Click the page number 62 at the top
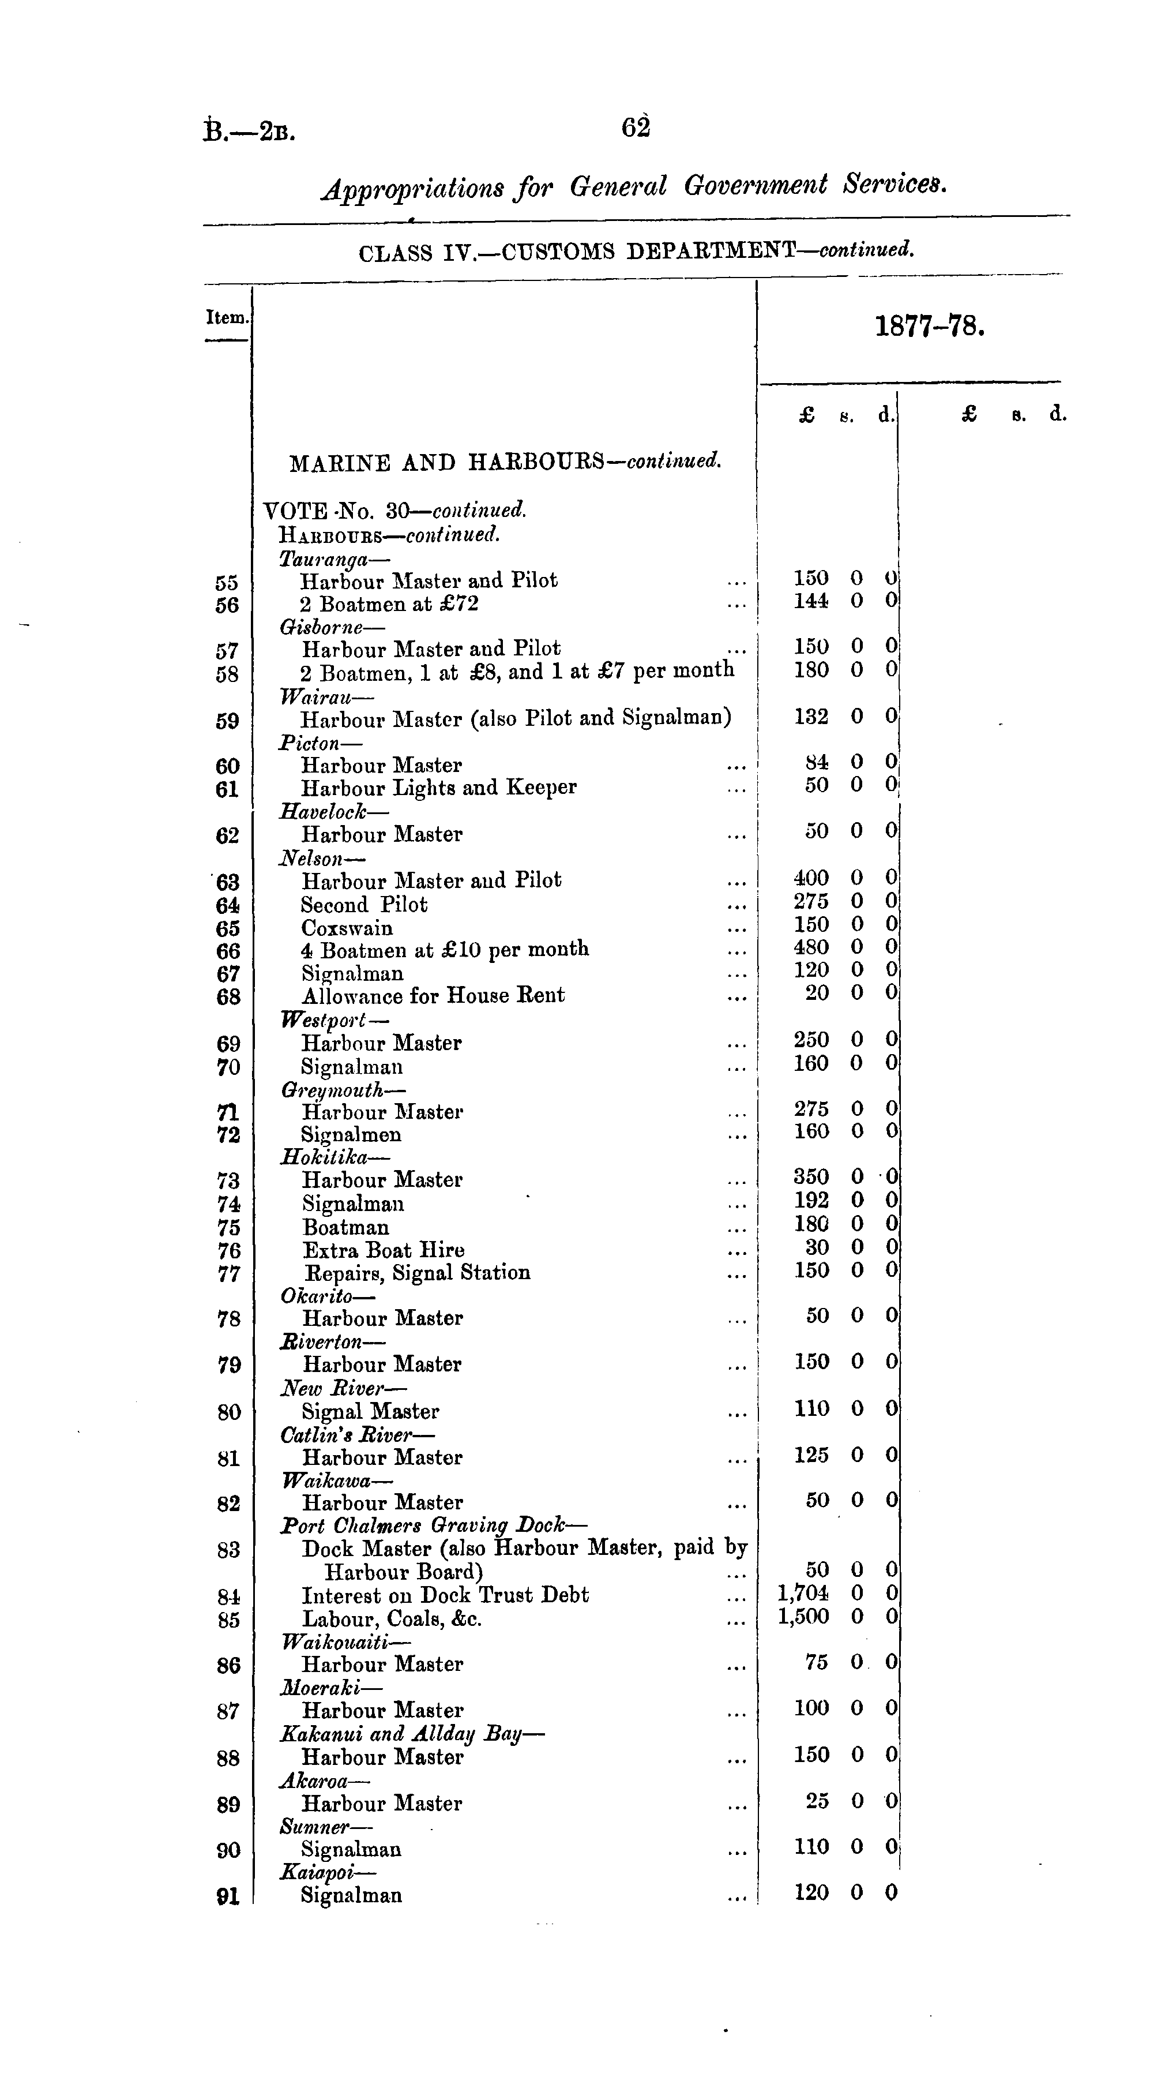point(636,128)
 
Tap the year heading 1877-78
point(930,327)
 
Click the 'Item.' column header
point(227,317)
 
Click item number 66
point(228,951)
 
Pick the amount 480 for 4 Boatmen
point(811,947)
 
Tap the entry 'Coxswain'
point(347,928)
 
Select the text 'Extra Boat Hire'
point(384,1250)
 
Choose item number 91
point(228,1896)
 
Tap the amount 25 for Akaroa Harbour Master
point(817,1802)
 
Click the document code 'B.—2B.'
point(249,130)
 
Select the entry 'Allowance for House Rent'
point(433,996)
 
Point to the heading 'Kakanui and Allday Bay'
point(411,1734)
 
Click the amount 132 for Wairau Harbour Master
point(811,716)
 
